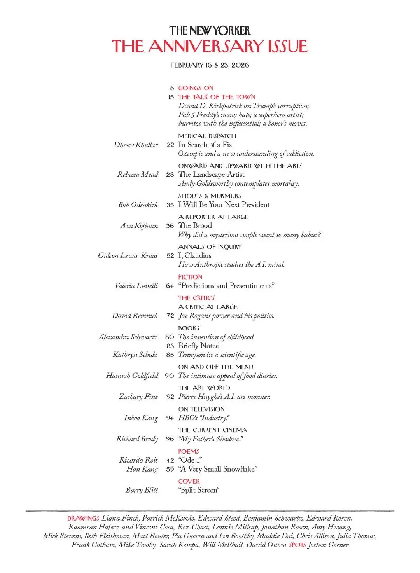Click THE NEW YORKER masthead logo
tap(210, 31)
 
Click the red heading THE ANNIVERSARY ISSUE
tap(210, 46)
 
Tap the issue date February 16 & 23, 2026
tap(210, 65)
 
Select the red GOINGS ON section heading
tap(196, 88)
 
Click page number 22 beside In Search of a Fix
tap(170, 145)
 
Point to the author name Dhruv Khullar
tap(136, 145)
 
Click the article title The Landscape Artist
tap(211, 175)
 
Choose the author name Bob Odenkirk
tap(138, 205)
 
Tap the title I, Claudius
tap(195, 255)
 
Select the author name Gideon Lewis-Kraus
tap(128, 255)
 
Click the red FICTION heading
tap(190, 277)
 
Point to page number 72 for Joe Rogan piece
tap(170, 316)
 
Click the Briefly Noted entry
tap(199, 346)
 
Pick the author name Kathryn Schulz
tap(135, 355)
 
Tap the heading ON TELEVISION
tap(201, 409)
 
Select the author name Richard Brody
tap(137, 439)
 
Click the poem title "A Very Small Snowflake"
tap(218, 469)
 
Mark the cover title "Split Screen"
tap(199, 490)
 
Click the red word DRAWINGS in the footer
tap(83, 518)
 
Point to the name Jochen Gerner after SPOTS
tap(328, 545)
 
